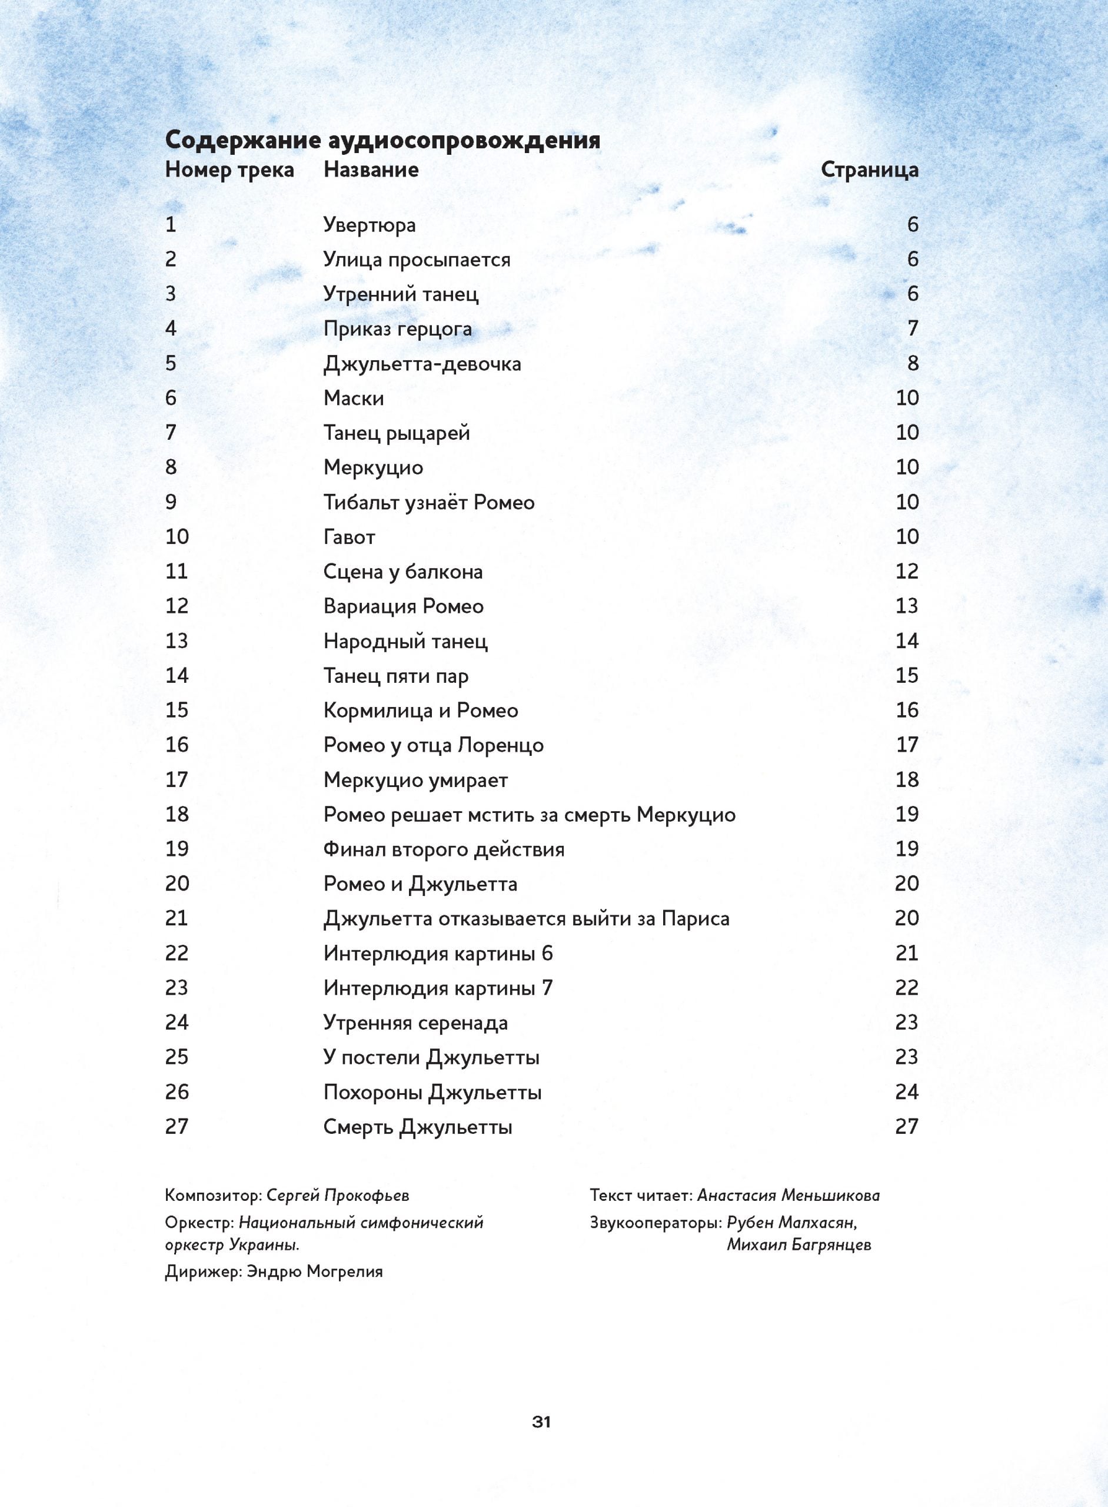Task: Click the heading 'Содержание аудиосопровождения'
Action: click(x=382, y=140)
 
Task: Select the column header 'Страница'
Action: click(x=869, y=170)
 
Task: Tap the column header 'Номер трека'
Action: click(x=229, y=170)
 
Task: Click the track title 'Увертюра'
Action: click(x=369, y=225)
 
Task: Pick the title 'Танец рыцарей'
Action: click(x=397, y=433)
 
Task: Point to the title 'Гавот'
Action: click(x=349, y=537)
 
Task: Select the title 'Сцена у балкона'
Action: click(x=402, y=572)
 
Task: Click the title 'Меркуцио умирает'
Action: click(x=415, y=779)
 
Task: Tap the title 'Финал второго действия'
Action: click(x=443, y=849)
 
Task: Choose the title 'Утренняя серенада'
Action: click(x=415, y=1023)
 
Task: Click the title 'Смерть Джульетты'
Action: click(x=417, y=1127)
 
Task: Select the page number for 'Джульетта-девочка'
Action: click(x=912, y=363)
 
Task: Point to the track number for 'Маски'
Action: click(x=171, y=398)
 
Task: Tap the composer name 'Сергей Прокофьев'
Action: click(x=337, y=1195)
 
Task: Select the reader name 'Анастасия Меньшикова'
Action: click(x=788, y=1195)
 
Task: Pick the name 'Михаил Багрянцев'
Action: click(x=799, y=1244)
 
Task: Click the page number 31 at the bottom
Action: click(x=541, y=1422)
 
